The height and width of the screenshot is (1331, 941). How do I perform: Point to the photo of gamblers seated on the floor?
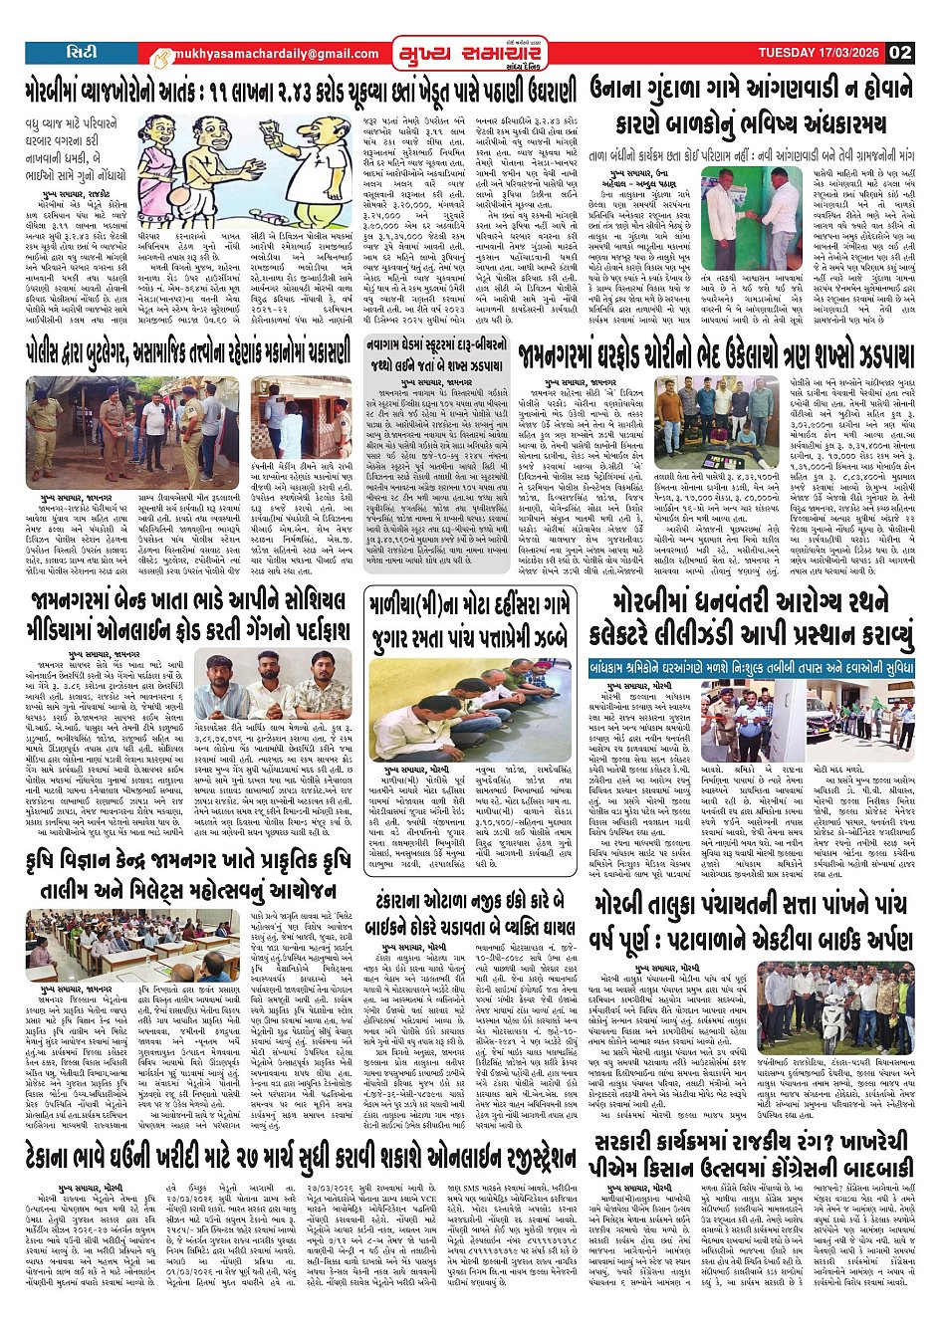tap(469, 697)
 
